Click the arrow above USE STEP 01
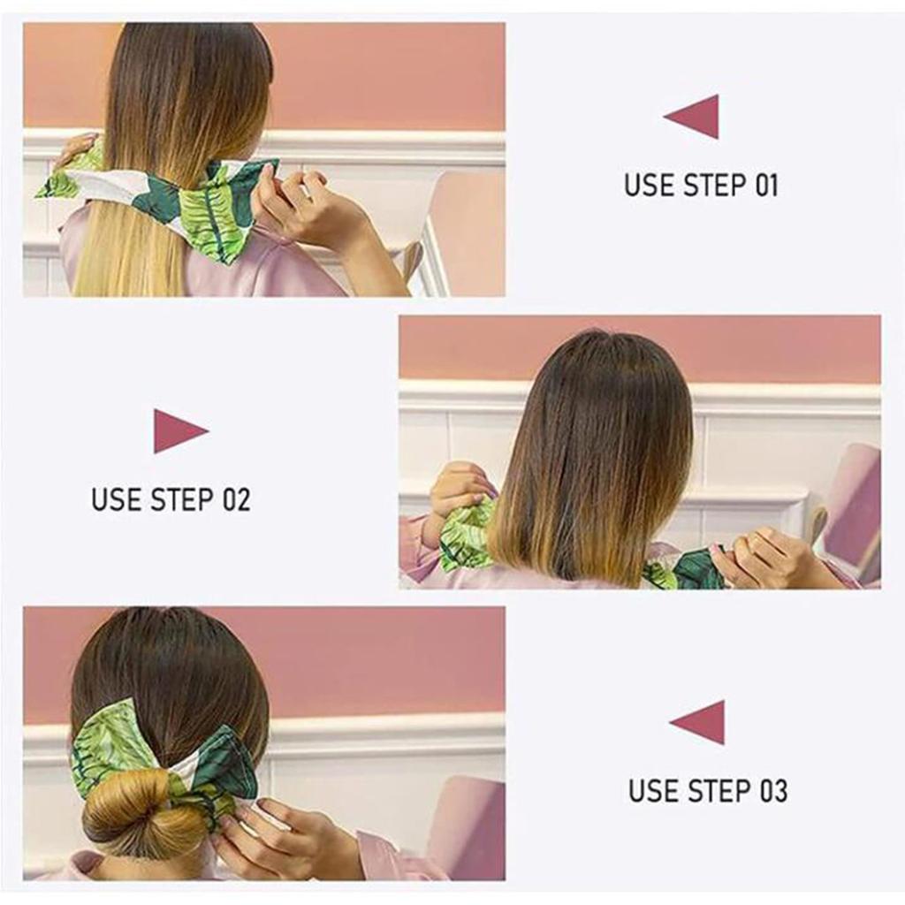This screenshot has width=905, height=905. [x=694, y=117]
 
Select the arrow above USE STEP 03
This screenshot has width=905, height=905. [x=699, y=722]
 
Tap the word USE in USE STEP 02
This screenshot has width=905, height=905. [x=116, y=499]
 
